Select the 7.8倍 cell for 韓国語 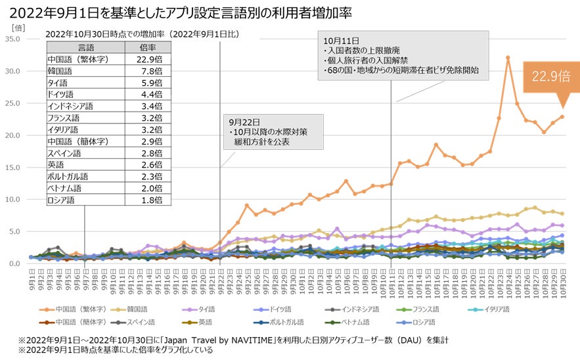pyautogui.click(x=147, y=70)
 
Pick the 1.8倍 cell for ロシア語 pyautogui.click(x=147, y=200)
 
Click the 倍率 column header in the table pyautogui.click(x=147, y=47)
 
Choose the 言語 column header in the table pyautogui.click(x=86, y=47)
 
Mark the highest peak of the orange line pyautogui.click(x=508, y=58)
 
